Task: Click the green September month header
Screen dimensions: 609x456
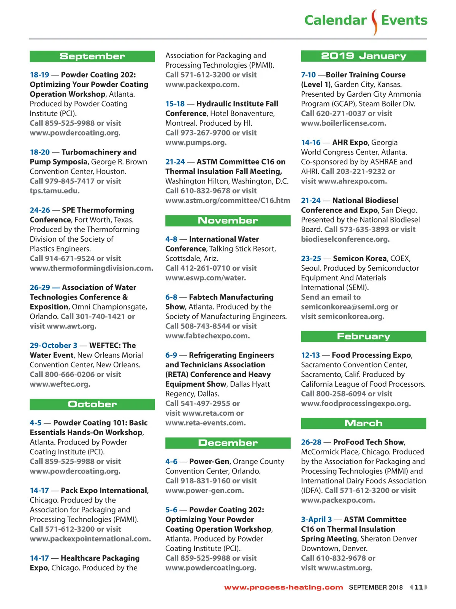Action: [x=92, y=56]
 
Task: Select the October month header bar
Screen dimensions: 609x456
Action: [x=92, y=404]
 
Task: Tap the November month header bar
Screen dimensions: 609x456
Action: [x=228, y=221]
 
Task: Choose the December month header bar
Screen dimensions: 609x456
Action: [x=228, y=443]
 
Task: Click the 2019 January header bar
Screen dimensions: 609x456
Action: [x=363, y=56]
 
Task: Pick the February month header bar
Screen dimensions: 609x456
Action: [x=363, y=336]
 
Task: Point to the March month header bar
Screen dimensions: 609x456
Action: [x=363, y=423]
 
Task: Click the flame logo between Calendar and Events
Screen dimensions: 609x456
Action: [x=374, y=22]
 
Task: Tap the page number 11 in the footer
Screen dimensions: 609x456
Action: [x=418, y=587]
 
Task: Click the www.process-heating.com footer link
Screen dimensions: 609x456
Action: [x=283, y=587]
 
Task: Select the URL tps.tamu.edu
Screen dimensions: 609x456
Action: [x=55, y=191]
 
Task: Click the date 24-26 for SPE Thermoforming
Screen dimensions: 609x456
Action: [x=40, y=210]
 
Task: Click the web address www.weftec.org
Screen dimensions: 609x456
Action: [x=60, y=384]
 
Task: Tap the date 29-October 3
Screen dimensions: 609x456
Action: [x=54, y=346]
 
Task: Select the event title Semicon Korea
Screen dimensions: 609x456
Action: [x=359, y=258]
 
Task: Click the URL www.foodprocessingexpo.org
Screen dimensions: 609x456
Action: [x=356, y=403]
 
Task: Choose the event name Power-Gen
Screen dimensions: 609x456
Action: [x=209, y=462]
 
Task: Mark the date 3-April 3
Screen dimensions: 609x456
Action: [x=317, y=520]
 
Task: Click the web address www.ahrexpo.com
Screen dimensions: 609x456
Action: [x=352, y=181]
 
